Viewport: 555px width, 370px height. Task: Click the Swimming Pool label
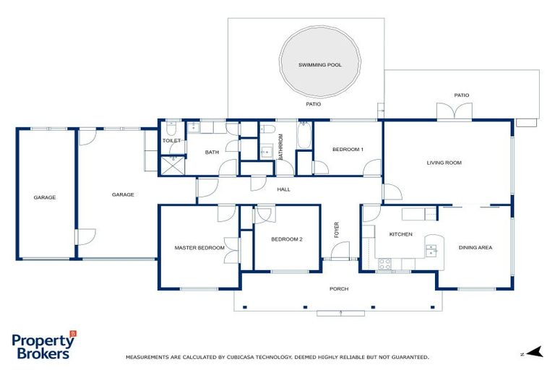coord(319,65)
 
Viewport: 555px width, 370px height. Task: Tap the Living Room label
coord(444,163)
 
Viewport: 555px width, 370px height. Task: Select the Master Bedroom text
coord(199,248)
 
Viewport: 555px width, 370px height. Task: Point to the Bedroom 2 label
coord(286,239)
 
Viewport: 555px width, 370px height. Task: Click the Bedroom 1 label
coord(348,150)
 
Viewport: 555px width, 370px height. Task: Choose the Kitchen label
coord(400,235)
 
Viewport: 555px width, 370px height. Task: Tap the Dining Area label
coord(475,248)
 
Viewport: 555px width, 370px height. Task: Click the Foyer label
coord(337,231)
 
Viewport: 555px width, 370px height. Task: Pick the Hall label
coord(283,189)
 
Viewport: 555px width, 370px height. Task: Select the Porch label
coord(339,289)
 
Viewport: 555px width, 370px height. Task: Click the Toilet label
coord(171,141)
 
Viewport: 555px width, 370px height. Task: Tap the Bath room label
coord(212,152)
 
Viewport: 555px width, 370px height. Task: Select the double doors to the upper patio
coord(455,112)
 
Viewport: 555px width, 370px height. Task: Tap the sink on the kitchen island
coord(431,251)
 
